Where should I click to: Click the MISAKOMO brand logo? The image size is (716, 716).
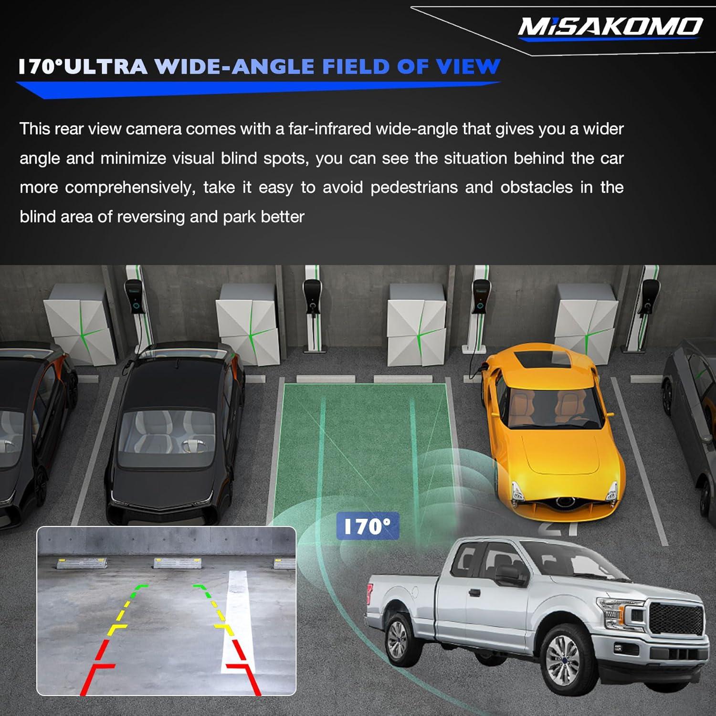[x=610, y=27]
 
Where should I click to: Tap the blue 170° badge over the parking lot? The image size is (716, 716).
[x=367, y=526]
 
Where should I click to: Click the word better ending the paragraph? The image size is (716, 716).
[x=283, y=217]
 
